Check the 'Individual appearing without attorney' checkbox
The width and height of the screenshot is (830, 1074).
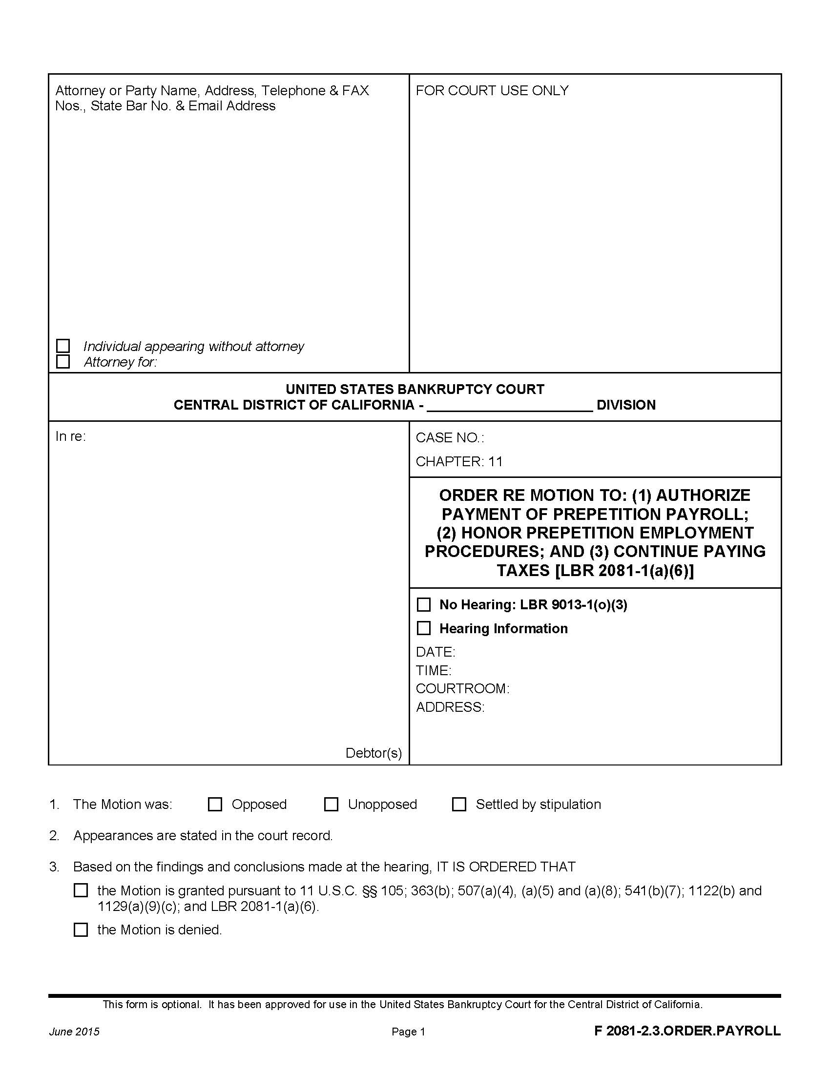click(x=63, y=346)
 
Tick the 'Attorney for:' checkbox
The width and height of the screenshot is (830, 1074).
click(x=63, y=361)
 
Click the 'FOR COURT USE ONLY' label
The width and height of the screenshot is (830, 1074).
click(x=492, y=90)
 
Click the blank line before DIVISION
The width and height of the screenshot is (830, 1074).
click(x=509, y=405)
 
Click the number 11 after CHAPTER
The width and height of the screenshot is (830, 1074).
click(x=495, y=461)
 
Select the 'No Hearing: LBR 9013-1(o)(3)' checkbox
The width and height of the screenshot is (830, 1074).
click(x=423, y=604)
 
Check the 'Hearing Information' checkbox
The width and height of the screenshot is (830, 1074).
click(x=423, y=628)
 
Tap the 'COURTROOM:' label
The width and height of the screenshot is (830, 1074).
click(x=462, y=688)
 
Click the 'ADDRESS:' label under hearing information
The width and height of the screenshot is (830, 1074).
click(x=450, y=707)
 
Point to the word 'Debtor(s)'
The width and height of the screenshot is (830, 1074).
click(x=373, y=753)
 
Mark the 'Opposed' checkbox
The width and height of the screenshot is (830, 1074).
click(x=215, y=804)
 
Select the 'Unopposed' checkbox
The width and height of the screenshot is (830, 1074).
click(x=331, y=804)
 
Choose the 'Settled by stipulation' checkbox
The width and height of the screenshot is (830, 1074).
click(x=459, y=804)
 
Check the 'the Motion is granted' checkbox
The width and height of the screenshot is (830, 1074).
click(x=81, y=890)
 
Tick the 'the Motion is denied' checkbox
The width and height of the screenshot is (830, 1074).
click(x=81, y=929)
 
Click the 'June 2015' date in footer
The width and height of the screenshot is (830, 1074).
click(x=74, y=1032)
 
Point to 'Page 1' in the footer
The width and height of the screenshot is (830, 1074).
click(x=408, y=1032)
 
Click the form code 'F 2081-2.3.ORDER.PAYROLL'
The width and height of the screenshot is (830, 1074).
click(x=687, y=1031)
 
